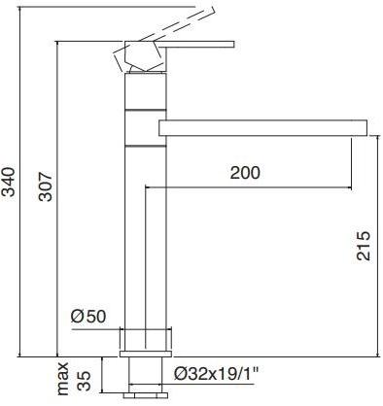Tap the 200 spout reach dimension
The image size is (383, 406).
pos(246,173)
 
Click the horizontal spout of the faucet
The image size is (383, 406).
pos(258,128)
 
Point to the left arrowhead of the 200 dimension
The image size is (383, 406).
pos(147,187)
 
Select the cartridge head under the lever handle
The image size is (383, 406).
pos(140,58)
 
